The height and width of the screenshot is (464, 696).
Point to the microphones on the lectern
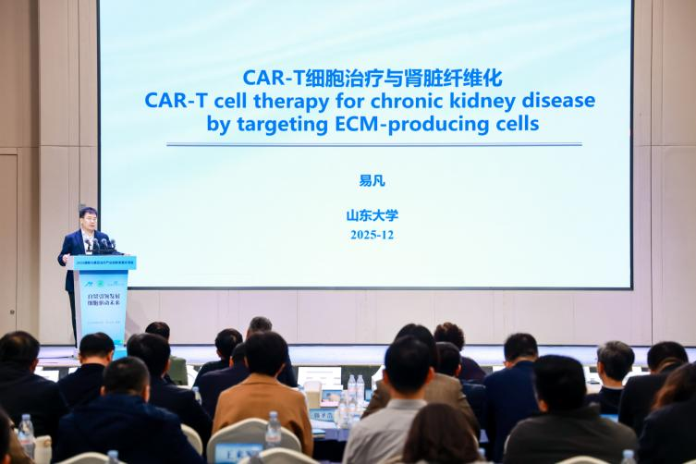[102, 245]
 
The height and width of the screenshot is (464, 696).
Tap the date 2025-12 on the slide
[372, 235]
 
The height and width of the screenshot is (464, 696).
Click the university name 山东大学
[372, 215]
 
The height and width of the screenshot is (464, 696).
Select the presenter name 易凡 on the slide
[372, 181]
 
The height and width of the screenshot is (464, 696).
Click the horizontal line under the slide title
[373, 144]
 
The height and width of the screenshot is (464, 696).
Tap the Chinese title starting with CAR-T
[372, 78]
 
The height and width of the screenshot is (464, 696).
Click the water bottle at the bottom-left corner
[26, 435]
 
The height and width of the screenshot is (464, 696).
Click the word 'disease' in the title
[557, 100]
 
